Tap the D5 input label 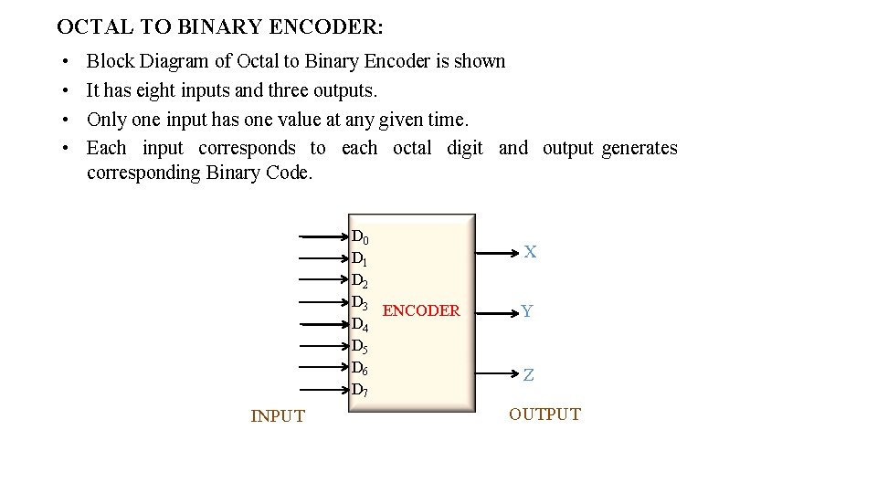pos(359,346)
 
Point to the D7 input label pos(359,390)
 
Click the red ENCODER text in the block pos(421,311)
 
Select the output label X pos(530,252)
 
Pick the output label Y pos(527,312)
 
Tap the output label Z pos(529,375)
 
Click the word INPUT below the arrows pos(278,416)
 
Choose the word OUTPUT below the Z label pos(544,414)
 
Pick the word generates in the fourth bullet pos(639,148)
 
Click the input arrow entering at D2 pos(324,280)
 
